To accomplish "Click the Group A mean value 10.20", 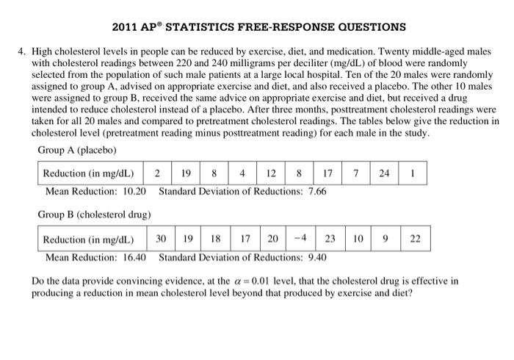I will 133,191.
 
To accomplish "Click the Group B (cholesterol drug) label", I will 94,215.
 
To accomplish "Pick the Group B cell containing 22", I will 416,239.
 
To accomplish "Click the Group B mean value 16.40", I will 133,257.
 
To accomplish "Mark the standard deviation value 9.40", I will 313,257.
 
